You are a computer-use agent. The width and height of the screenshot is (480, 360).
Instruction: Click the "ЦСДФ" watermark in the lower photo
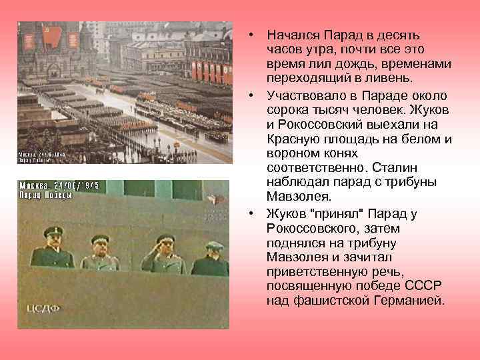[x=43, y=308]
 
